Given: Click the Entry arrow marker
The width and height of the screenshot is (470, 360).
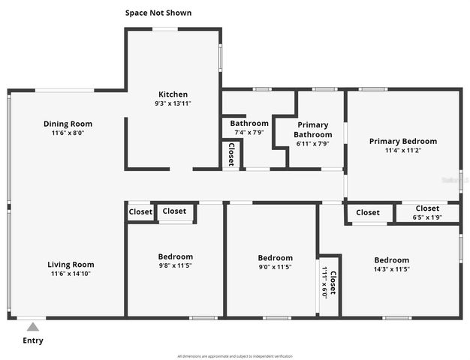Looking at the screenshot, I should tap(32, 325).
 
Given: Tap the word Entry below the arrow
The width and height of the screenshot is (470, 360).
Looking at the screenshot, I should tap(33, 340).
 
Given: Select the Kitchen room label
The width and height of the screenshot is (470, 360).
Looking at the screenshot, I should tap(172, 94).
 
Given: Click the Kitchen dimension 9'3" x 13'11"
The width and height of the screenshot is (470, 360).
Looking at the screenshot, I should tap(172, 103).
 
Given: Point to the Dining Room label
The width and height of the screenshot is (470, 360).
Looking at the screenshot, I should tap(68, 124).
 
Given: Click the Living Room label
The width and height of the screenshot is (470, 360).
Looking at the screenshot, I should tap(71, 264).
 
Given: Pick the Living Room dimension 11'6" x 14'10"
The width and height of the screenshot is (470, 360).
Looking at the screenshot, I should tap(71, 274).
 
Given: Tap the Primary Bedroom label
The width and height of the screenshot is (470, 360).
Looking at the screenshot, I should tap(402, 141).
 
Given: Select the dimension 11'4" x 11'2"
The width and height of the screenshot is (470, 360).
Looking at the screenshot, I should tap(402, 150).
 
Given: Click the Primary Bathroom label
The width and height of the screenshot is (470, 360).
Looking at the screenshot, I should tap(313, 130).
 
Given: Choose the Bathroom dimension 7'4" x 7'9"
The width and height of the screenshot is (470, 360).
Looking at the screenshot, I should tap(249, 133).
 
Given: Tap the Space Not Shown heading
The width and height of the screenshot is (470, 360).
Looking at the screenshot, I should tap(158, 13).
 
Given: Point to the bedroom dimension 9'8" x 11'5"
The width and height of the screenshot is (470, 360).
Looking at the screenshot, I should tap(175, 265).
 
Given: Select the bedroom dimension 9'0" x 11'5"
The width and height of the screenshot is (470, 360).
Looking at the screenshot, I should tap(275, 267).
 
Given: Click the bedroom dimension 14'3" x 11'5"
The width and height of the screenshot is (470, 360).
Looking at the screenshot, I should tap(392, 269).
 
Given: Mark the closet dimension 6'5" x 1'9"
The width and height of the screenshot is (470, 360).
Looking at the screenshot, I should tap(427, 217).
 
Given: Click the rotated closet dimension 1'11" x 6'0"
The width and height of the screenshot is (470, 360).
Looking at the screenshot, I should tap(325, 282).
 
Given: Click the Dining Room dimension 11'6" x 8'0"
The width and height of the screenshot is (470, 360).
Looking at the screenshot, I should tap(68, 133).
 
